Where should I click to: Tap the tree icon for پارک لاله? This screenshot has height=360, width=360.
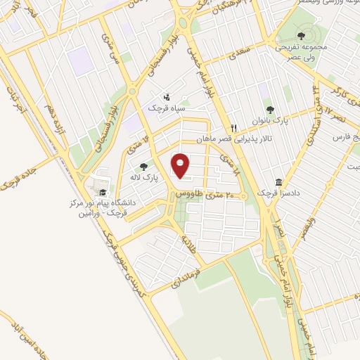pos(144,167)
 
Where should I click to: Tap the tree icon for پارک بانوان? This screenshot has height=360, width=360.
pos(269,110)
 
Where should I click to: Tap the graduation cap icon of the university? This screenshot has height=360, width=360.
pos(103,191)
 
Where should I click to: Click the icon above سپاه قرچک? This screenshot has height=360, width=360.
pos(167,96)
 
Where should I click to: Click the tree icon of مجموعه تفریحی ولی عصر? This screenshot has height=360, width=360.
pos(301,35)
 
